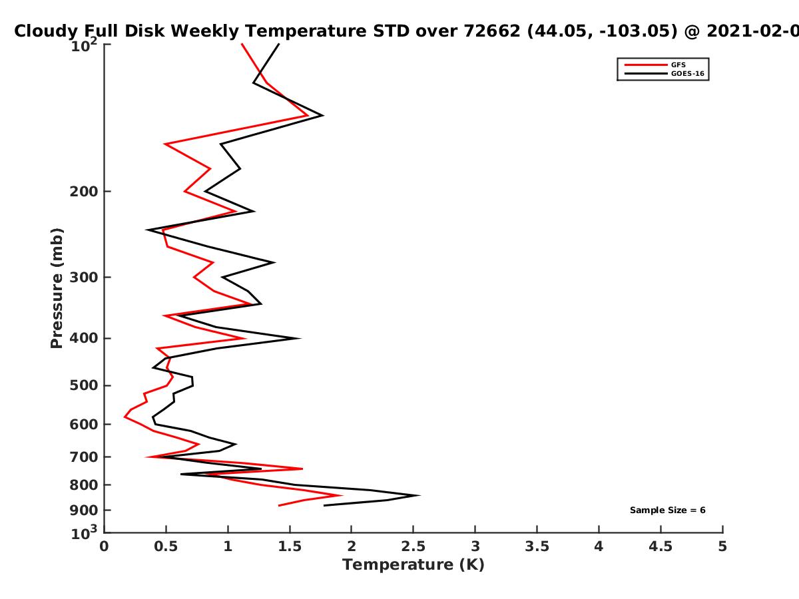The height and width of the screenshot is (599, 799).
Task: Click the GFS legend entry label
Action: coord(678,65)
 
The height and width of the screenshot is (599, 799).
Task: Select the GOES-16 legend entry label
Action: coord(688,74)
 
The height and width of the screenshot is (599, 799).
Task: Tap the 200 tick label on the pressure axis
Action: coord(84,192)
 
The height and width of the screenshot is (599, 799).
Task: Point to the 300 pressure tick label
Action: coord(84,278)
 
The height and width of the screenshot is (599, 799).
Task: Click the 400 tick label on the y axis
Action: coord(84,339)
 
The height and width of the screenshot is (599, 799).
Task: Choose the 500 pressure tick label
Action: coord(84,385)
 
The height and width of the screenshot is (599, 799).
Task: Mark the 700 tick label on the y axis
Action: coord(84,457)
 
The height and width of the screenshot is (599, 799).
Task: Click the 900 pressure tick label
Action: coord(84,510)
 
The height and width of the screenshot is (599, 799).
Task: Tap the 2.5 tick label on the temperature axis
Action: coord(413,546)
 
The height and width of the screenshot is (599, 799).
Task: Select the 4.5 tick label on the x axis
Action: coord(661,546)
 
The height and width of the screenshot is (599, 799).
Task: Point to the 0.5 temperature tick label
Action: coord(166,546)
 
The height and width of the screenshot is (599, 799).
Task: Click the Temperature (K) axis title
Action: coord(413,565)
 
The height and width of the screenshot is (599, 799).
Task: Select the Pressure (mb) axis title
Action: coord(57,288)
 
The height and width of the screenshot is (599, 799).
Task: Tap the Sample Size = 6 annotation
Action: coord(668,510)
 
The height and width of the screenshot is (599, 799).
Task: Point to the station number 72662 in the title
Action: coord(492,31)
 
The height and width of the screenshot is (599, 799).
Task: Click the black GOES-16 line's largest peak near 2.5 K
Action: coord(419,495)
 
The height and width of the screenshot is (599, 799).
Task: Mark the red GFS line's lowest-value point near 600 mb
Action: coord(125,417)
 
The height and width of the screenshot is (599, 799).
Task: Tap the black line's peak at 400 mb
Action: coord(300,339)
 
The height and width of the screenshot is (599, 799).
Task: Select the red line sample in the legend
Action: coord(646,65)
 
